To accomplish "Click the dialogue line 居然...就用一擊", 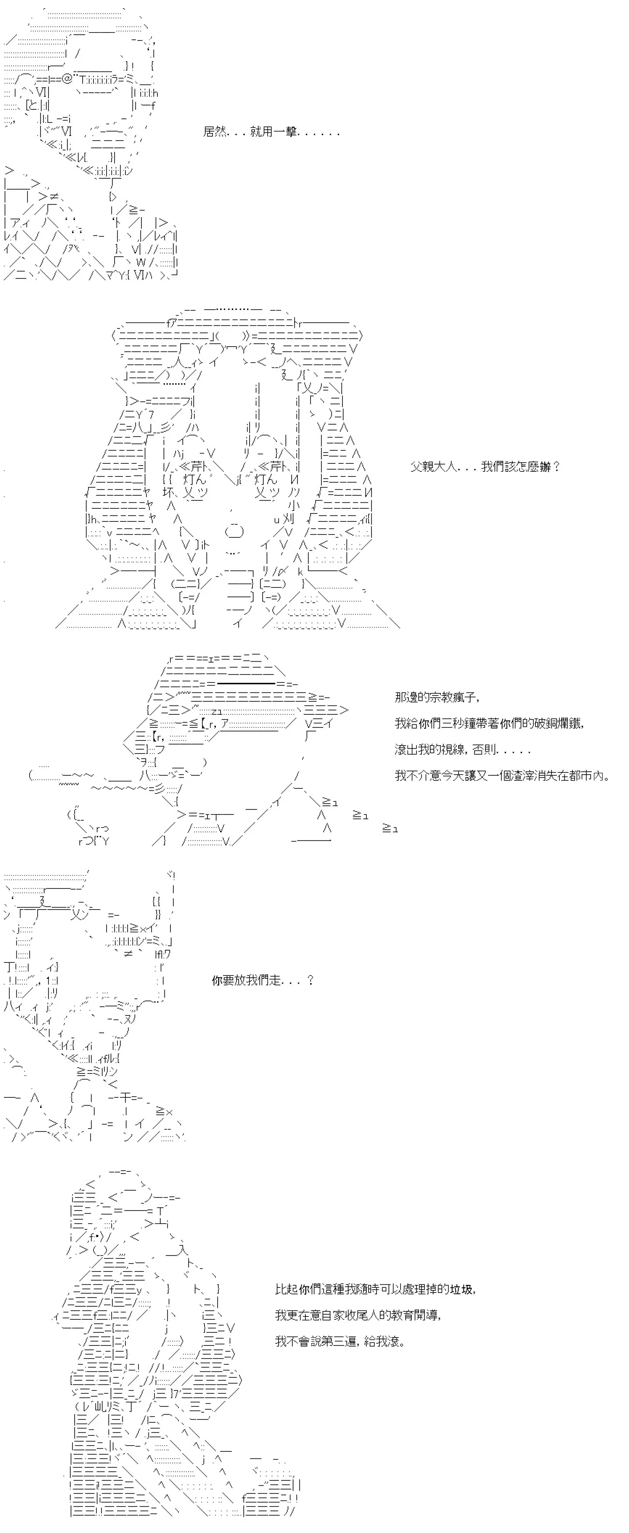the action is (x=271, y=132).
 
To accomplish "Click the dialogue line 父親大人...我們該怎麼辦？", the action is (x=485, y=467).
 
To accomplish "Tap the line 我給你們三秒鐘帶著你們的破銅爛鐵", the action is (x=490, y=723).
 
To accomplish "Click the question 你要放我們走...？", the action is (x=263, y=980).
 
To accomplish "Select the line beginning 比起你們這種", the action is (x=375, y=1289).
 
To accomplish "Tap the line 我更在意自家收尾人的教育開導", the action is (x=359, y=1315).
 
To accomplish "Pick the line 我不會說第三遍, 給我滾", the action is (x=340, y=1341).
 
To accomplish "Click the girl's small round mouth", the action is (x=234, y=531).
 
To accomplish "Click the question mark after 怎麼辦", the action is (x=556, y=467).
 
